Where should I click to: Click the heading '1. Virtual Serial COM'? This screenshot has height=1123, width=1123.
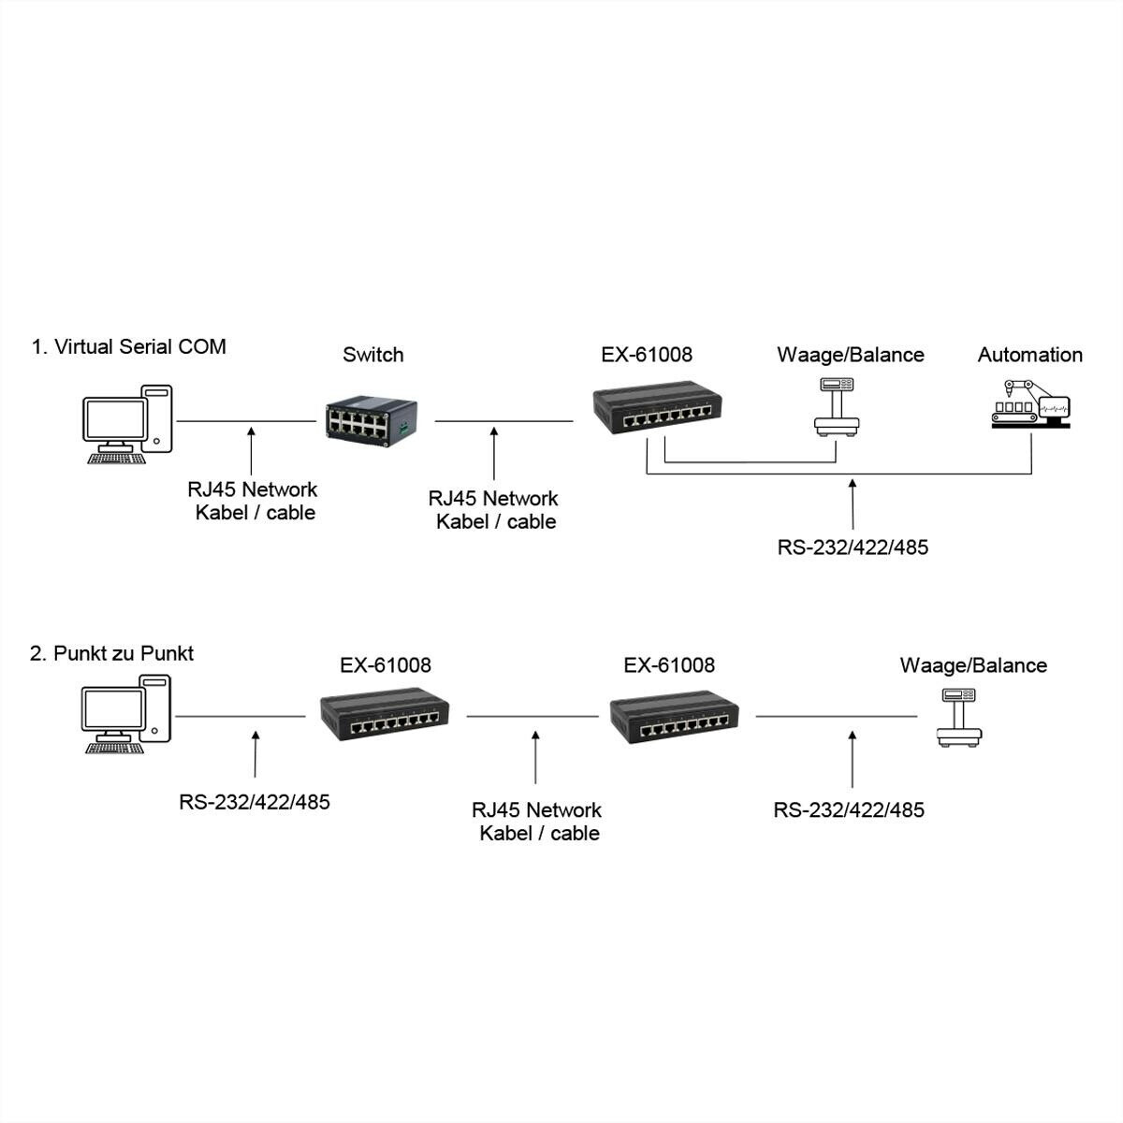click(128, 347)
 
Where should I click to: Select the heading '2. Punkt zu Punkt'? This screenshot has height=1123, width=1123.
click(111, 653)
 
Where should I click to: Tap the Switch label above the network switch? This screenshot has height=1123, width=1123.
click(372, 355)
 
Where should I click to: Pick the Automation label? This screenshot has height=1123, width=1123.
click(1029, 355)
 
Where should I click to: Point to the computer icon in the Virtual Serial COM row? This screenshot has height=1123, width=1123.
click(127, 423)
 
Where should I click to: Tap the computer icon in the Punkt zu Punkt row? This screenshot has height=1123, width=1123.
click(126, 713)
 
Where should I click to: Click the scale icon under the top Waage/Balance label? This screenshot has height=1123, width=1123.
click(837, 405)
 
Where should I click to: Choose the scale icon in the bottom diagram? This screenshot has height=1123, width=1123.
click(958, 718)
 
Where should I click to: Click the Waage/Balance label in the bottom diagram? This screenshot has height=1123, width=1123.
click(973, 665)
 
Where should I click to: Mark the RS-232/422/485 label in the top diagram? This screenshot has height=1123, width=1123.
click(853, 547)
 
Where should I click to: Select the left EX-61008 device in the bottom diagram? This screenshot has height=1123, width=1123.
click(385, 716)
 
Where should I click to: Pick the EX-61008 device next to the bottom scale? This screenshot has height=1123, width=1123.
click(674, 718)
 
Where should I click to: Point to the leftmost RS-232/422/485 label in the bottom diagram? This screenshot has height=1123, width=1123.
click(255, 802)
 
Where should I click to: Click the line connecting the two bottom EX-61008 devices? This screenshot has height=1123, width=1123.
click(532, 717)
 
